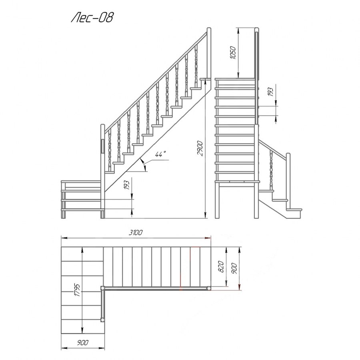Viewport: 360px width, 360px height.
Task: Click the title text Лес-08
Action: point(92,18)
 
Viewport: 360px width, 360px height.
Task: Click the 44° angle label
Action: point(160,154)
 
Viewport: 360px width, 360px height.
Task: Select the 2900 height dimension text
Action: point(200,148)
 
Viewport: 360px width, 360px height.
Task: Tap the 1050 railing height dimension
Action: point(233,52)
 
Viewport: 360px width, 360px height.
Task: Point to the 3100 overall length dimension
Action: point(136,232)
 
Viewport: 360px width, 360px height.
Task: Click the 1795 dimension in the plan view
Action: point(77,290)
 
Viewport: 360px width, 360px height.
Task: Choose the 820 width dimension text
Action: point(221,266)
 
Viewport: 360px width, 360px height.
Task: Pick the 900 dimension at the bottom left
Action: point(83,343)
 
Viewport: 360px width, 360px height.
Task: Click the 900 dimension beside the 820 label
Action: point(234,268)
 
